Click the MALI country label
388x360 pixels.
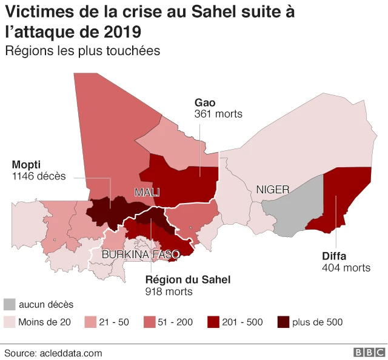tap(147, 192)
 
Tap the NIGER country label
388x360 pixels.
tap(273, 190)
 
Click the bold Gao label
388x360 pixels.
tap(205, 102)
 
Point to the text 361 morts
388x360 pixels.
tap(218, 114)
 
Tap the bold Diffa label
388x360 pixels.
tap(334, 256)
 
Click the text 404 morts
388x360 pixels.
tap(346, 268)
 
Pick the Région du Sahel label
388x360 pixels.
tap(188, 279)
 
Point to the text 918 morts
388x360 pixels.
tap(169, 292)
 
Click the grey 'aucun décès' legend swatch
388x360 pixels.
tap(10, 305)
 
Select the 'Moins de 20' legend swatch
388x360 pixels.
tap(10, 322)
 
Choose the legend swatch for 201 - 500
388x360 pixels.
tap(213, 322)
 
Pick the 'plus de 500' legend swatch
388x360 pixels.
tap(283, 322)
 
